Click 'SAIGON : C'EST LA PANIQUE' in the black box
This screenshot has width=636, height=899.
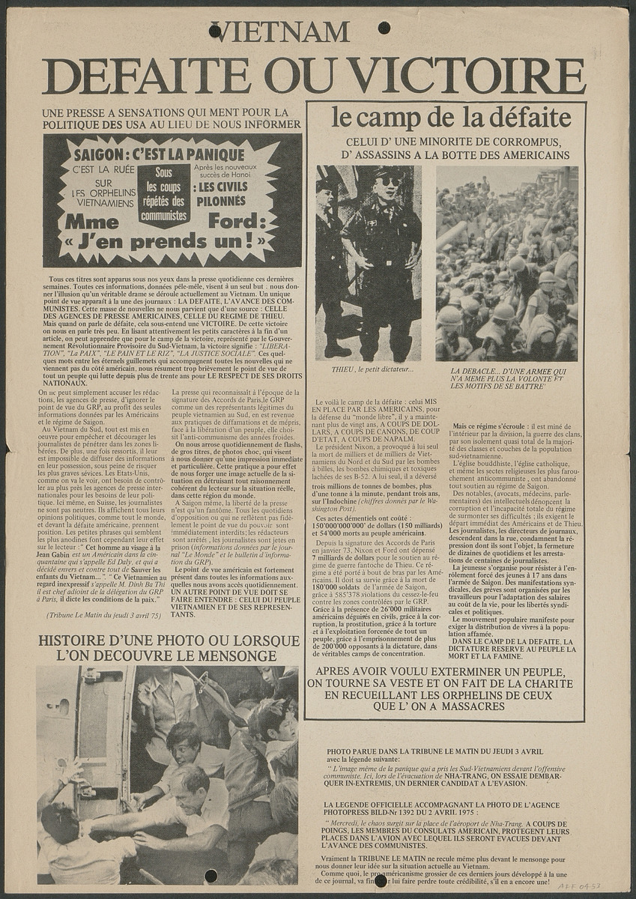click(159, 155)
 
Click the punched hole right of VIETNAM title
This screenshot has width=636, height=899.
click(384, 28)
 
